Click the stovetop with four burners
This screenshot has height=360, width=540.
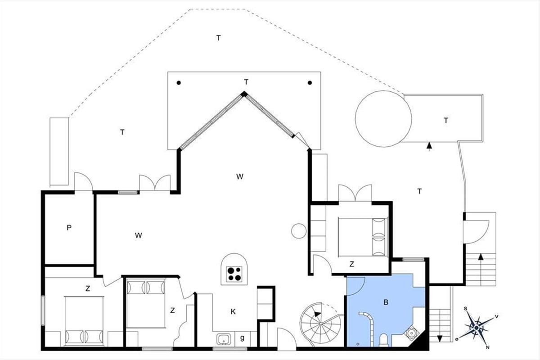[234, 274]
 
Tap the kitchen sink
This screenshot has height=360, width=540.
[224, 339]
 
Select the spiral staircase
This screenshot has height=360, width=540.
[320, 323]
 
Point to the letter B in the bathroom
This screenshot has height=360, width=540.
[386, 302]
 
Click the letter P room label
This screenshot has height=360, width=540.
[69, 228]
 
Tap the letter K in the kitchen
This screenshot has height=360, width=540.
[233, 312]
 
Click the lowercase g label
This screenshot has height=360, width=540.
[242, 338]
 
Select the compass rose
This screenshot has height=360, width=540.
[477, 328]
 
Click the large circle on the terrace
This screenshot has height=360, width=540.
[383, 119]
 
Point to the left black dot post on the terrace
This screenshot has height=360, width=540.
[179, 83]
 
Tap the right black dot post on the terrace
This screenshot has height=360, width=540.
[310, 83]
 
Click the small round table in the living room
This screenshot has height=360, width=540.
[299, 231]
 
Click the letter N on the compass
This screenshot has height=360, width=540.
[487, 347]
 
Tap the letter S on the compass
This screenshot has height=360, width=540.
[465, 309]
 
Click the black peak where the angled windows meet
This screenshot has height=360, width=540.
[244, 94]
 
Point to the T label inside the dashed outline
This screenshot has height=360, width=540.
[218, 38]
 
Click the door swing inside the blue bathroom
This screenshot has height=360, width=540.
[356, 286]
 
